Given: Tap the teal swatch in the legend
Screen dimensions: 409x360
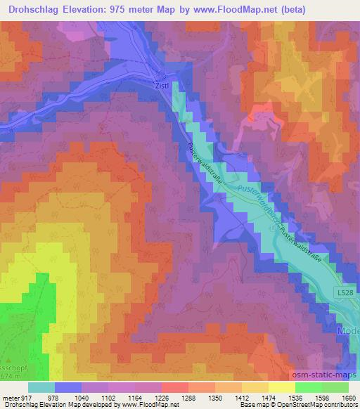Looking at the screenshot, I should [41, 387].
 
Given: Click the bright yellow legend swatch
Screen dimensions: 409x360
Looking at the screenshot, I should [281, 387].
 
